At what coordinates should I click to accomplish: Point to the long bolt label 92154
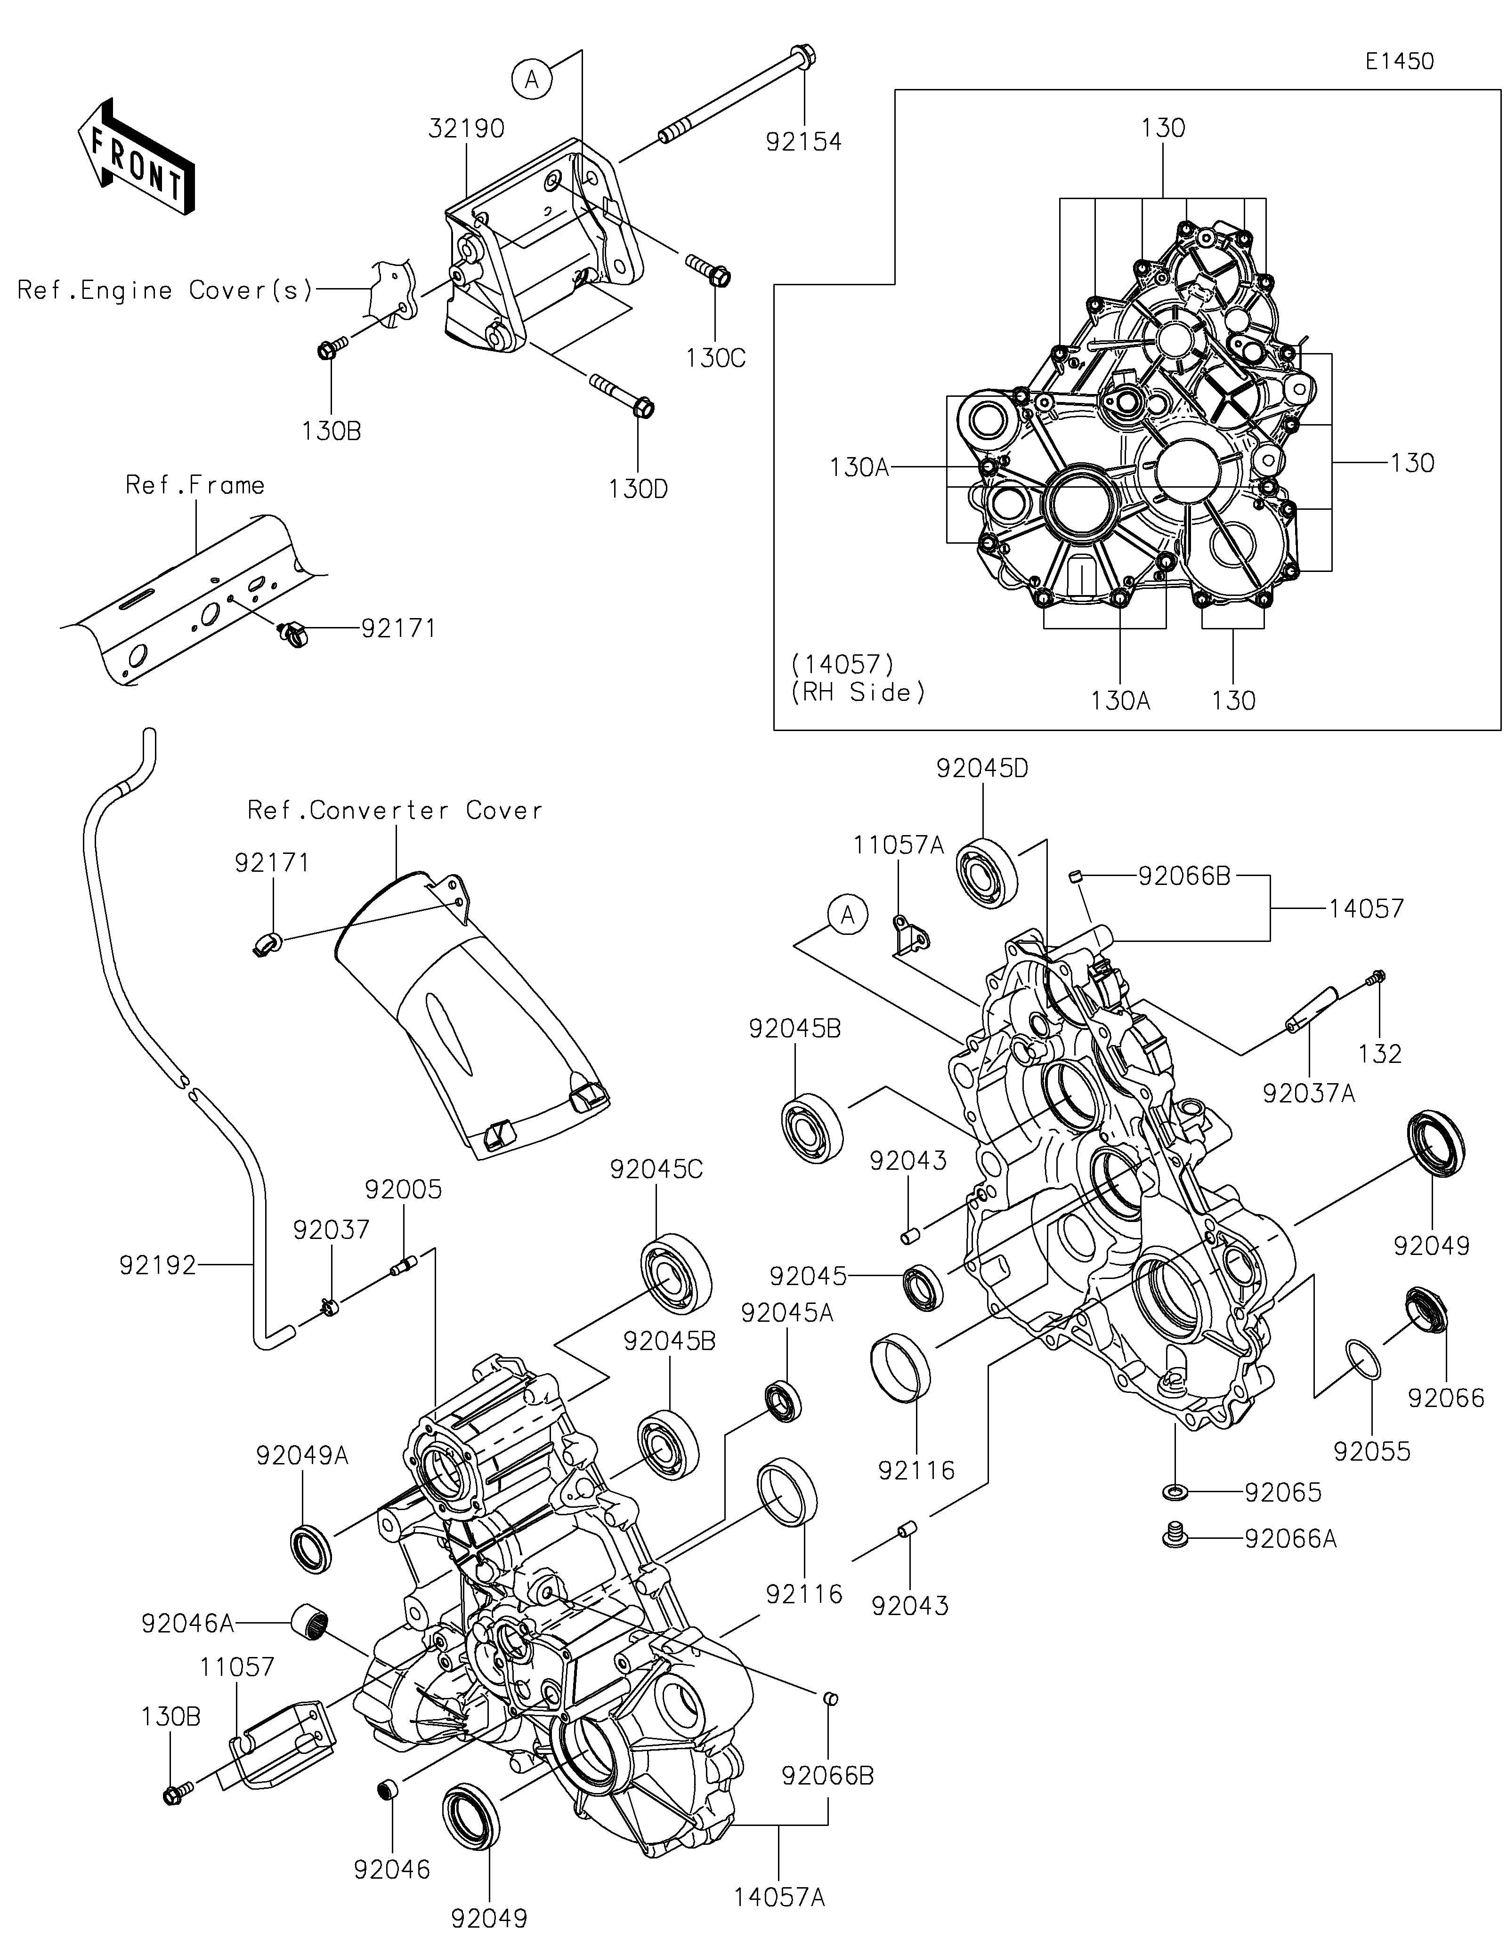[x=803, y=141]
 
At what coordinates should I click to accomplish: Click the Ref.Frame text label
[x=194, y=485]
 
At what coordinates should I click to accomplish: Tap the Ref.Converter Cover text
[x=395, y=810]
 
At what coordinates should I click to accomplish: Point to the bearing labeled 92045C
[x=675, y=1274]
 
